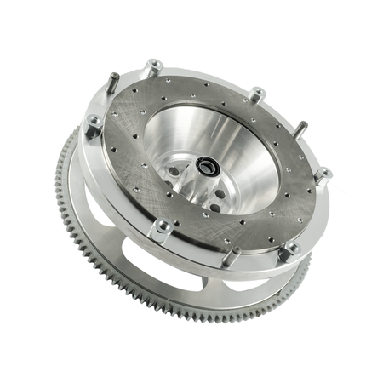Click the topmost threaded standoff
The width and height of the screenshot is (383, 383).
click(x=154, y=66)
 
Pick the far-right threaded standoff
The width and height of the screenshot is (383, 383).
click(x=323, y=175)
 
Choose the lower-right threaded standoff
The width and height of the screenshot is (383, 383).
click(x=290, y=249)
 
